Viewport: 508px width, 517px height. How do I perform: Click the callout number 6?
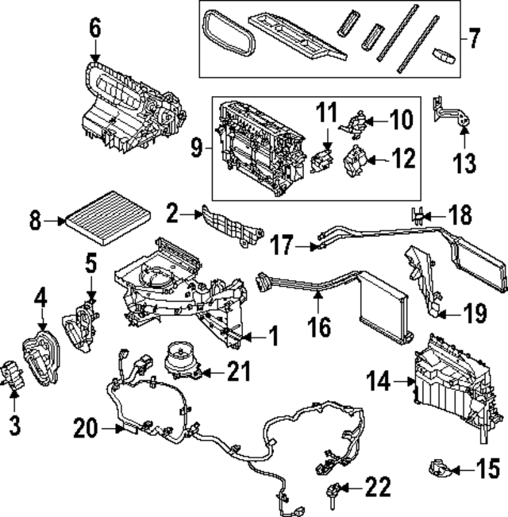(x=95, y=29)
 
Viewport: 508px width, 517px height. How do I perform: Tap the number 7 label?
(x=475, y=37)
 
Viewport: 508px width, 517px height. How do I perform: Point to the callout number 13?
(x=464, y=164)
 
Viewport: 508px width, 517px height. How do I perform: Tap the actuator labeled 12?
(x=352, y=162)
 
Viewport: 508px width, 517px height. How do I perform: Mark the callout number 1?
(x=271, y=338)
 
